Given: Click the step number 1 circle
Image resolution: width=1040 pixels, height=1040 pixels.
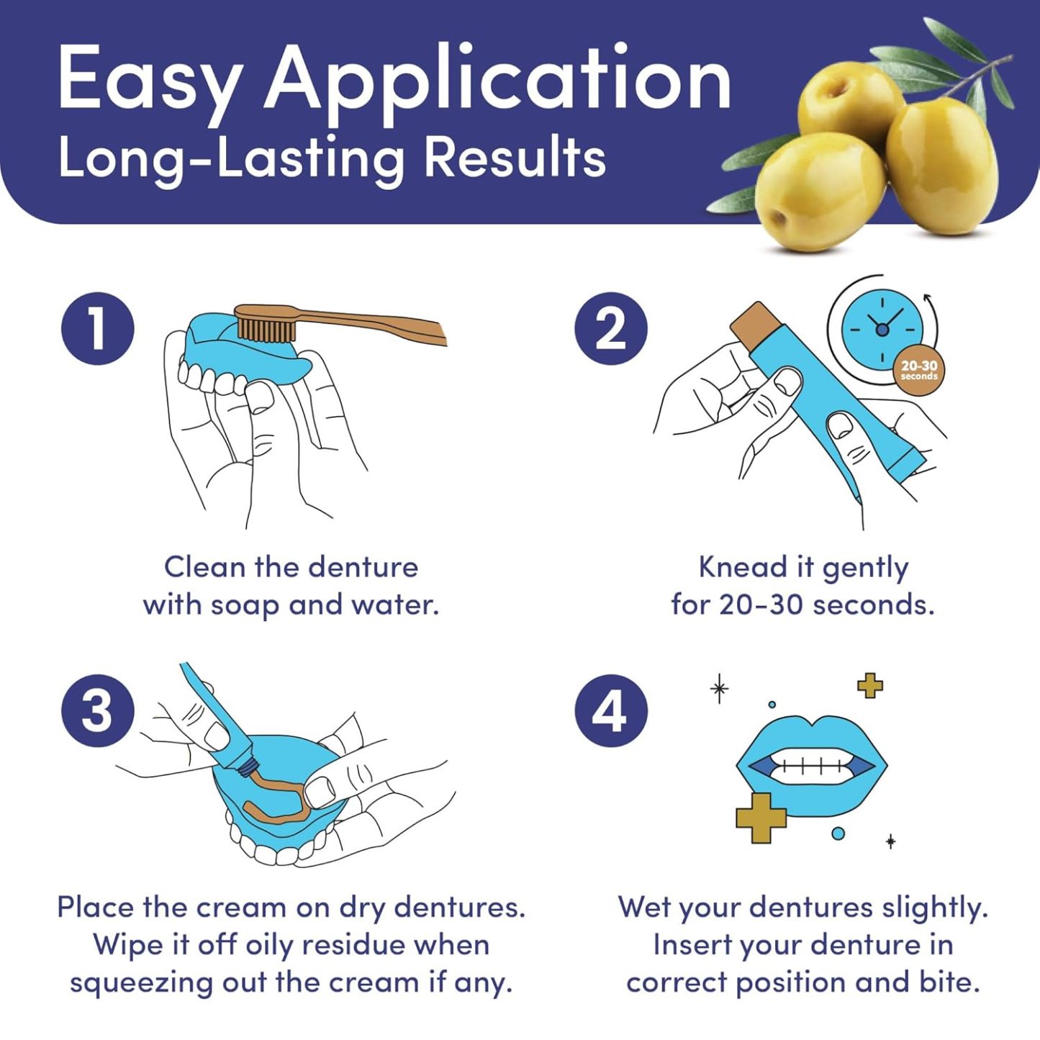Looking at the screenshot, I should pos(98,329).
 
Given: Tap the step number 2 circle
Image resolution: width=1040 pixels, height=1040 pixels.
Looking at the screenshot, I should pos(610,329).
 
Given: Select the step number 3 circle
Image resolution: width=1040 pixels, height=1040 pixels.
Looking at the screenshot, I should pos(98,710).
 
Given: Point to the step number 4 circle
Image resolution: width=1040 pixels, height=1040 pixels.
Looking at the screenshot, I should pos(610,710).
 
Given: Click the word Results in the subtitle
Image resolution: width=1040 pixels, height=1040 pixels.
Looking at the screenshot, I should pos(515,158).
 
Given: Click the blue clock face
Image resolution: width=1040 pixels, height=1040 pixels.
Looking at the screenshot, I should pos(882,328).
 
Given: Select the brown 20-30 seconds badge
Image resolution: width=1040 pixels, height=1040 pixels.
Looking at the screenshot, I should pos(919,370).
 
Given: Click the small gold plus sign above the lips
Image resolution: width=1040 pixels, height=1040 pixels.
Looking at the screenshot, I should pos(870,685).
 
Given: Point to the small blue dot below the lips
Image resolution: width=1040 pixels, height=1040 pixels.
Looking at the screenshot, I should pos(838,833).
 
